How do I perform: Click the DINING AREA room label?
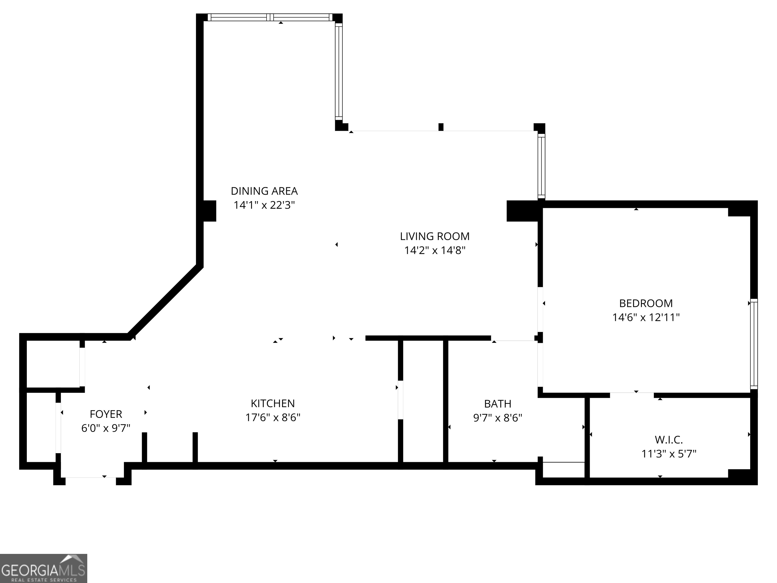click(264, 191)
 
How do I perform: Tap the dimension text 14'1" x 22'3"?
click(264, 205)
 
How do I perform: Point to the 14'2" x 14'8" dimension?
click(435, 251)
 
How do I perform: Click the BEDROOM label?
click(646, 303)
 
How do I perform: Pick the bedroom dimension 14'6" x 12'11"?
click(646, 318)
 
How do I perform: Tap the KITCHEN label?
click(273, 403)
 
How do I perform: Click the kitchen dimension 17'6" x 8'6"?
click(273, 418)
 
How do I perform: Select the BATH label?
click(498, 404)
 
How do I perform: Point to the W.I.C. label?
click(668, 440)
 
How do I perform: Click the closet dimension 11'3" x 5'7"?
click(668, 454)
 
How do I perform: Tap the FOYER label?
click(106, 414)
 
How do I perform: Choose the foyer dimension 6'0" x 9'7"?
click(106, 428)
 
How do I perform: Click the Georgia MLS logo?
click(43, 568)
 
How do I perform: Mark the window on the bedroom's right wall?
click(754, 344)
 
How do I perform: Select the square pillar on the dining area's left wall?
click(209, 211)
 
